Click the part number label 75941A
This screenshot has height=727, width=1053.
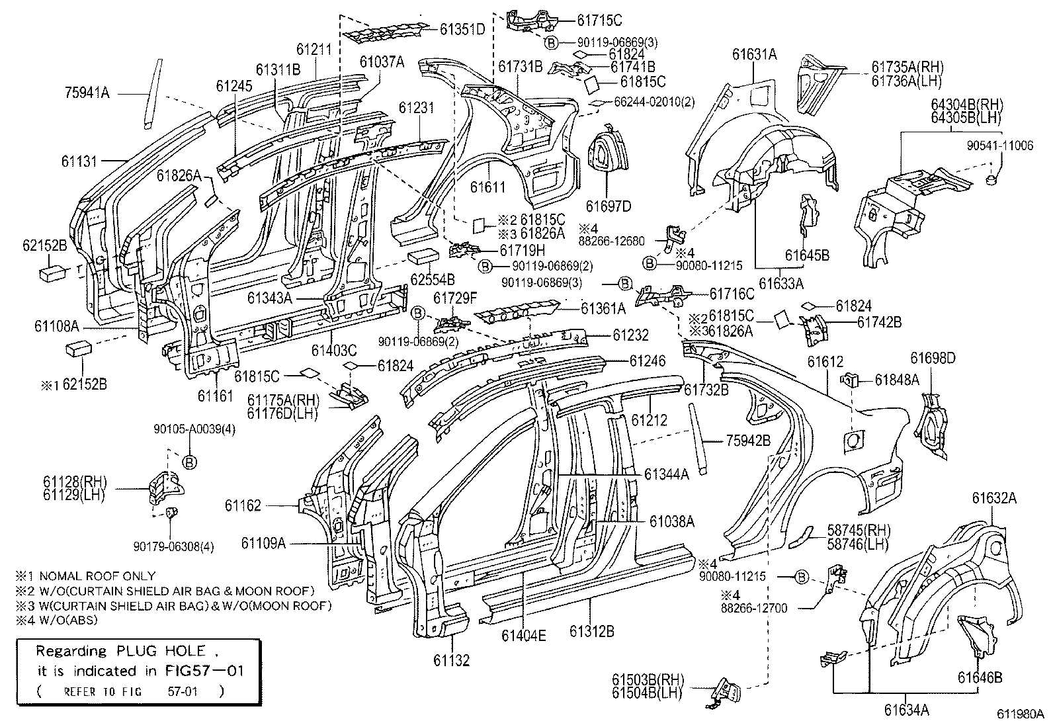(87, 93)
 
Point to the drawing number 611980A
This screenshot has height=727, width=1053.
(1021, 714)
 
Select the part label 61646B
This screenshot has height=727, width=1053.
(980, 677)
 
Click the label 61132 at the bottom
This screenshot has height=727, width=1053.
(452, 660)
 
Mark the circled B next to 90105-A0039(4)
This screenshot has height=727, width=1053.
(189, 462)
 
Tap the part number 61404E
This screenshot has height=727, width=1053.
(523, 636)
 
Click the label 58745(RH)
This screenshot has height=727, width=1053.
(858, 530)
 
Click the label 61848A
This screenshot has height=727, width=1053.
(896, 380)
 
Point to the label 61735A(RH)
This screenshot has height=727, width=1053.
(907, 67)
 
